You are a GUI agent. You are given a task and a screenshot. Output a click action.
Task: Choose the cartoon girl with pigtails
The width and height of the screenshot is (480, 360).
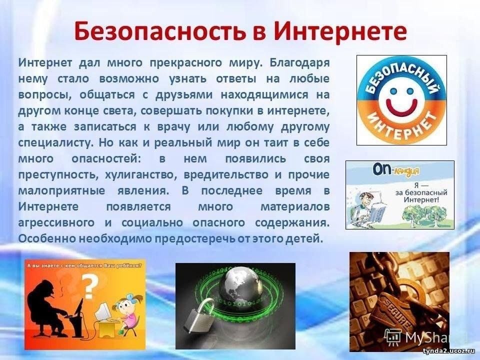127,312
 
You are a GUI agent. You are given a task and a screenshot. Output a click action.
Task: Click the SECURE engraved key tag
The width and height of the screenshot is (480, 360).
395,309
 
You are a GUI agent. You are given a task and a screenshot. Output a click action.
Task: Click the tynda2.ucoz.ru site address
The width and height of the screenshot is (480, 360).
450,351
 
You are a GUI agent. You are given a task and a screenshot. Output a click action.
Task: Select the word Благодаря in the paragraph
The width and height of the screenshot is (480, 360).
299,63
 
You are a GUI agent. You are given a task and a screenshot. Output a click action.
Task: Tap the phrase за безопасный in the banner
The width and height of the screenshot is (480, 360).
421,192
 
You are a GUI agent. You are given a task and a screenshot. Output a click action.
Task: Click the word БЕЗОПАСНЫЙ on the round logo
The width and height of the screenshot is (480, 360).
401,77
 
